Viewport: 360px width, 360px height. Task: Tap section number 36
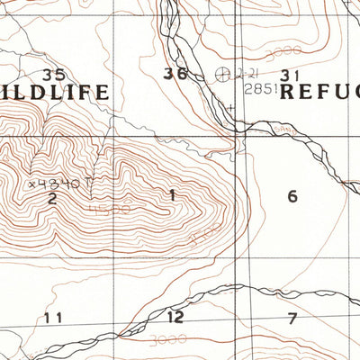[x=175, y=74]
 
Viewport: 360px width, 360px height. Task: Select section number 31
[x=290, y=75]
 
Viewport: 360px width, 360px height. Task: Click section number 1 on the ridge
[x=171, y=194]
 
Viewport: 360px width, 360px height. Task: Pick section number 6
[x=292, y=196]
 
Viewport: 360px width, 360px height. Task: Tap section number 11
[x=53, y=317]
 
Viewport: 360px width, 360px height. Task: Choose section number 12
[x=175, y=317]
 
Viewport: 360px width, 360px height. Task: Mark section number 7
[x=292, y=317]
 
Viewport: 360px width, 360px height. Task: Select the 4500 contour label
[x=110, y=211]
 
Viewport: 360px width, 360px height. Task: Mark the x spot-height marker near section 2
[x=32, y=184]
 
